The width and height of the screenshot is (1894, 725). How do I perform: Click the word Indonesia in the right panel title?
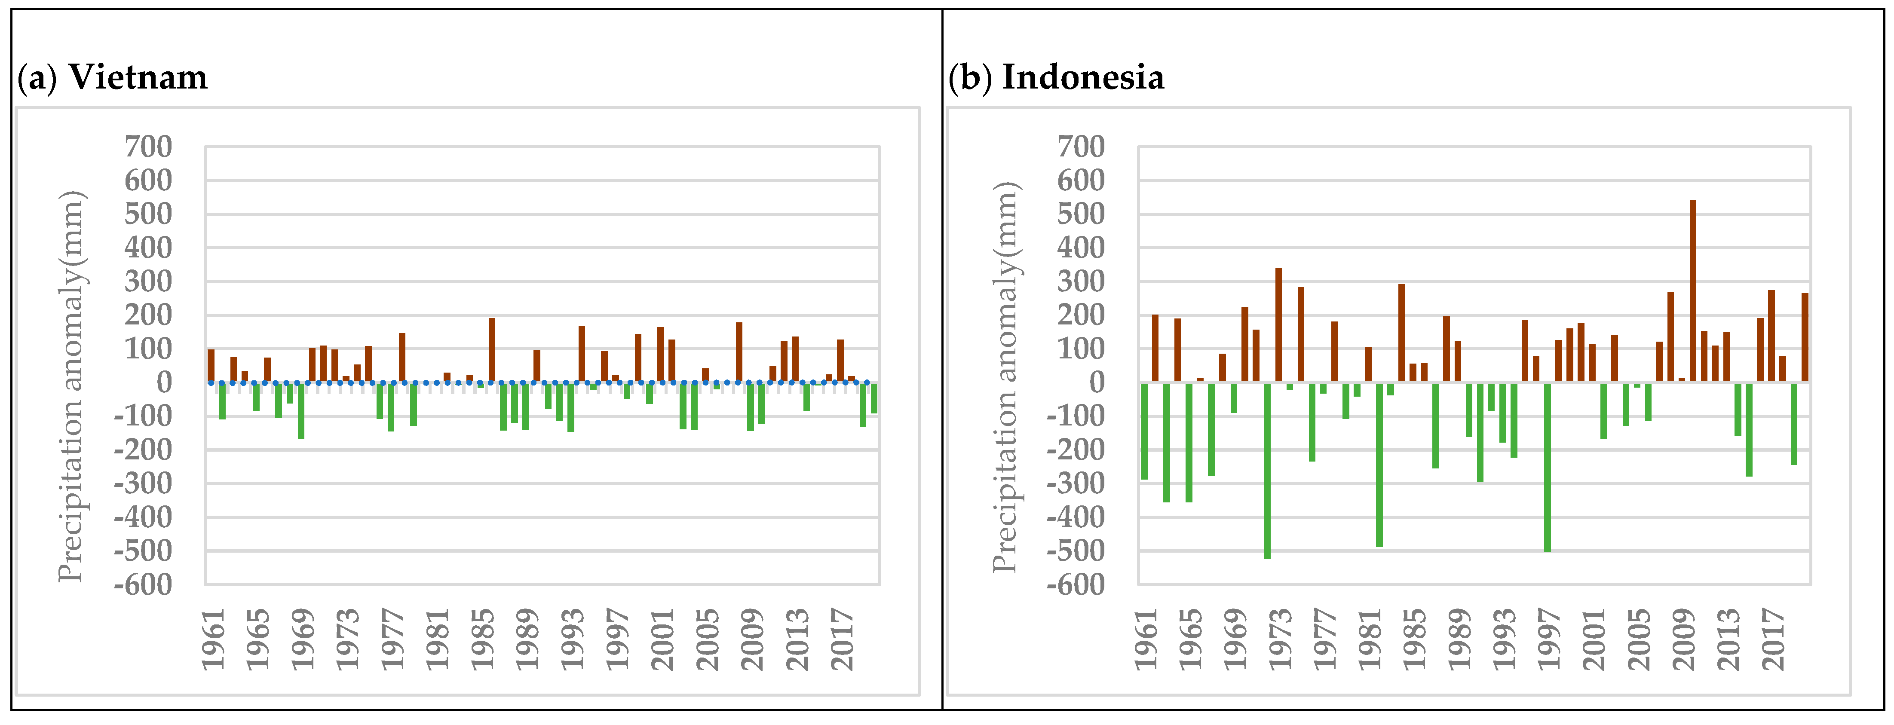(1082, 77)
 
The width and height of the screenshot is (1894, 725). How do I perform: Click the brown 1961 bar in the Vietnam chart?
(211, 365)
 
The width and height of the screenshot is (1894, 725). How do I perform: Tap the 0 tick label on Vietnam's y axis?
(163, 382)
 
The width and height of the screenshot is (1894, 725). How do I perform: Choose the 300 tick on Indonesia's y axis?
(1080, 281)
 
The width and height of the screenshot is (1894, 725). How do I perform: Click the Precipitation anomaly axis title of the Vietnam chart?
(71, 386)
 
